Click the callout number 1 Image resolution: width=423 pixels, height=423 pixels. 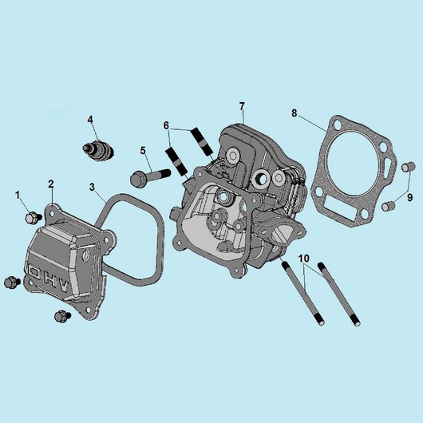point(18,195)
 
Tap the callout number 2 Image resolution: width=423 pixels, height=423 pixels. point(51,184)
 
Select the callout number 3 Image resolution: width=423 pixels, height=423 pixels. point(93,187)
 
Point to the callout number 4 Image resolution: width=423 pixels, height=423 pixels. point(90,119)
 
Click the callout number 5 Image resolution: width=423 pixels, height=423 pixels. point(143,151)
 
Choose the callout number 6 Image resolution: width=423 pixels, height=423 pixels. point(166,125)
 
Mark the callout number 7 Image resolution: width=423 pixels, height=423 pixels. point(242,106)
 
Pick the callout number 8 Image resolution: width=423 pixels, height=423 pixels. point(294,113)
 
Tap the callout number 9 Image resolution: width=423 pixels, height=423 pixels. point(409,198)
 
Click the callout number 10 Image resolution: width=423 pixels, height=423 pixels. point(304,259)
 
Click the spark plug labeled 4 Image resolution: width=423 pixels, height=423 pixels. point(98,150)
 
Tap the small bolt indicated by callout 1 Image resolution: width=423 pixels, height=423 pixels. point(34,218)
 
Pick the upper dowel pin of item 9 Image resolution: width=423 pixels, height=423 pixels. point(408,167)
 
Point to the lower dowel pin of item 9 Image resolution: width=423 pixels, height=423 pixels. point(388,207)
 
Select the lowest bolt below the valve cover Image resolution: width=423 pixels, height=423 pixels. point(62,316)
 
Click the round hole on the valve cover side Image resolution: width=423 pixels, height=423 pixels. point(86,255)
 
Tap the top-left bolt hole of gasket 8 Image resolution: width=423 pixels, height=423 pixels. point(337,125)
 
